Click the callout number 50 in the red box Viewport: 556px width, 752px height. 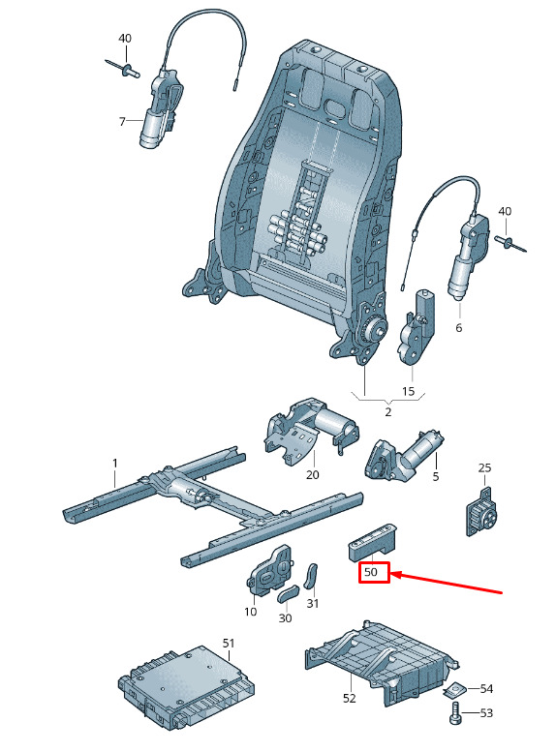[x=371, y=572]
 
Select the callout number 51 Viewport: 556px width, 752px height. [x=229, y=644]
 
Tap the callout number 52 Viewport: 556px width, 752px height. [x=350, y=699]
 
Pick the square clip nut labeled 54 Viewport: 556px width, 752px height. [x=454, y=689]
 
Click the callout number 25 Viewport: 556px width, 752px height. [x=484, y=467]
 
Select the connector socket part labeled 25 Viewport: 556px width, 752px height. [x=480, y=512]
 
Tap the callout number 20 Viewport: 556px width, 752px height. [x=313, y=475]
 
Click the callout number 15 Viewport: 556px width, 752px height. [x=408, y=391]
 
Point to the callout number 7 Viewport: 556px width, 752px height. [x=122, y=122]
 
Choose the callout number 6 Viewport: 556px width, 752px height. [x=459, y=328]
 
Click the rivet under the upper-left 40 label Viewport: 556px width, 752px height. [x=122, y=69]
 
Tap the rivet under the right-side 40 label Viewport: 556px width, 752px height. [x=510, y=242]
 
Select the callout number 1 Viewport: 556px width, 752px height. [x=114, y=464]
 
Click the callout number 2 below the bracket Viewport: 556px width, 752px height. [x=388, y=412]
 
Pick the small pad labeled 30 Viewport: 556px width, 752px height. [x=288, y=593]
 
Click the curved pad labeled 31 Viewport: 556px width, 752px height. [x=312, y=577]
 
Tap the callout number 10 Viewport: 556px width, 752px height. [x=251, y=612]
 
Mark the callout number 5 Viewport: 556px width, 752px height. [x=436, y=477]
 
